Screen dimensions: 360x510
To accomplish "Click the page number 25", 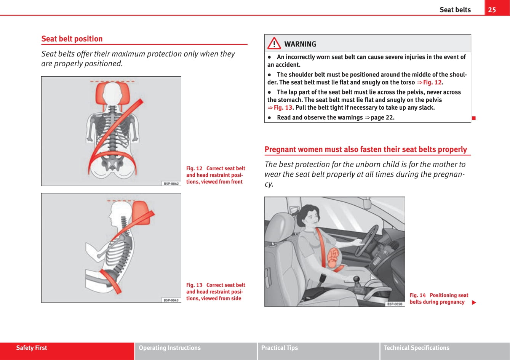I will (x=492, y=10).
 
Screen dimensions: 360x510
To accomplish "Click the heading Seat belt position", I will (x=72, y=39).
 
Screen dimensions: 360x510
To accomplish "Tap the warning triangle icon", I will (x=274, y=44).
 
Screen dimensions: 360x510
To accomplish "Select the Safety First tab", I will (x=32, y=348).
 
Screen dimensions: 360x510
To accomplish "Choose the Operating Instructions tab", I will (x=169, y=348).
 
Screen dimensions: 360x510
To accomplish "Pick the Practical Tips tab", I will (x=280, y=348).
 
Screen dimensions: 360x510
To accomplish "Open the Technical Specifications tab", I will (x=416, y=348).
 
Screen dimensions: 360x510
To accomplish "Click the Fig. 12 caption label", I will (x=194, y=168).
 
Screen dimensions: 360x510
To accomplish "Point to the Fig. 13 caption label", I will (x=194, y=285).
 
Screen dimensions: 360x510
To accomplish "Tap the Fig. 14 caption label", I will (x=418, y=295).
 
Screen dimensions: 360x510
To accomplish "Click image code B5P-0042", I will (x=171, y=184).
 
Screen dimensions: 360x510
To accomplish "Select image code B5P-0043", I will (x=171, y=300).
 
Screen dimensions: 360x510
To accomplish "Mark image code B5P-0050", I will (x=395, y=304).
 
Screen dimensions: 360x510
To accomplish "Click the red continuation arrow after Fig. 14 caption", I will (x=474, y=302).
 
